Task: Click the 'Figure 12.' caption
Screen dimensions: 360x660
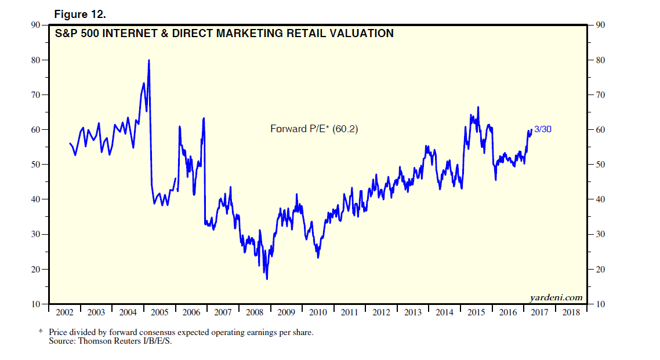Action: pyautogui.click(x=79, y=13)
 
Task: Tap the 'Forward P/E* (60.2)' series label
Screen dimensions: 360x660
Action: pyautogui.click(x=314, y=129)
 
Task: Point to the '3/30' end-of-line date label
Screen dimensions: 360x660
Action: pyautogui.click(x=542, y=129)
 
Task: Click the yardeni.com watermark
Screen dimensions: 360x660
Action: pyautogui.click(x=556, y=298)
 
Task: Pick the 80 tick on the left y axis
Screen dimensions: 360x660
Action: pyautogui.click(x=35, y=60)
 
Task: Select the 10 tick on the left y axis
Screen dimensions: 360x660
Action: pyautogui.click(x=35, y=304)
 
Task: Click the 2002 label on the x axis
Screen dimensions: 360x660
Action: pyautogui.click(x=64, y=313)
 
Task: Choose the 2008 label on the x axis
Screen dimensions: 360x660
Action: pyautogui.click(x=255, y=313)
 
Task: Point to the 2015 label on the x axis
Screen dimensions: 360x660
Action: pyautogui.click(x=477, y=313)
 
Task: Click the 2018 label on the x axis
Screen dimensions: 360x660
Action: pyautogui.click(x=571, y=313)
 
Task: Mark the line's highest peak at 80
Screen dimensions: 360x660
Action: pyautogui.click(x=149, y=60)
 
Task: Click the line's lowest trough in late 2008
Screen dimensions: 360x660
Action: pyautogui.click(x=267, y=279)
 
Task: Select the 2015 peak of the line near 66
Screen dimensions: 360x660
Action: pyautogui.click(x=478, y=107)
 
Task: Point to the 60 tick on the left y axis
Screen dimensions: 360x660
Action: pyautogui.click(x=35, y=130)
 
